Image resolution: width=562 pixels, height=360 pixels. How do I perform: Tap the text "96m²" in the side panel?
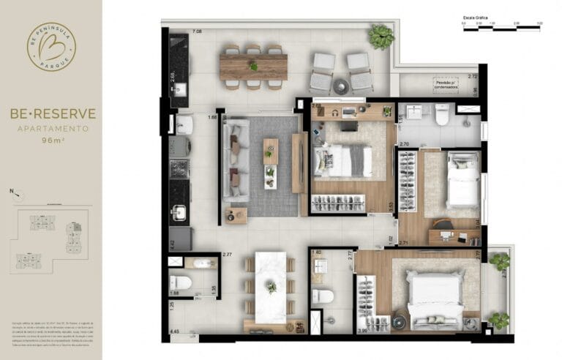[x=51, y=140]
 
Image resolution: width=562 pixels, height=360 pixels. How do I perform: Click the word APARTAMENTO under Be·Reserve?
[x=51, y=128]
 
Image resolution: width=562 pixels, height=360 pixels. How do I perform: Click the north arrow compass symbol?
[x=17, y=194]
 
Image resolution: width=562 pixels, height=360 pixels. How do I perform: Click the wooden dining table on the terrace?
[x=253, y=67]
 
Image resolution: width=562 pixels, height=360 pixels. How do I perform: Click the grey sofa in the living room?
[x=236, y=162]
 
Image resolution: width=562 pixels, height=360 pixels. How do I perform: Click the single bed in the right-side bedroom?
[x=462, y=179]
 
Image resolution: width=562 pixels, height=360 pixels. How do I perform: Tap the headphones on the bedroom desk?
[x=334, y=113]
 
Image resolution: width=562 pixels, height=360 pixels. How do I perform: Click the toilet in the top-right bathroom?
[x=442, y=115]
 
